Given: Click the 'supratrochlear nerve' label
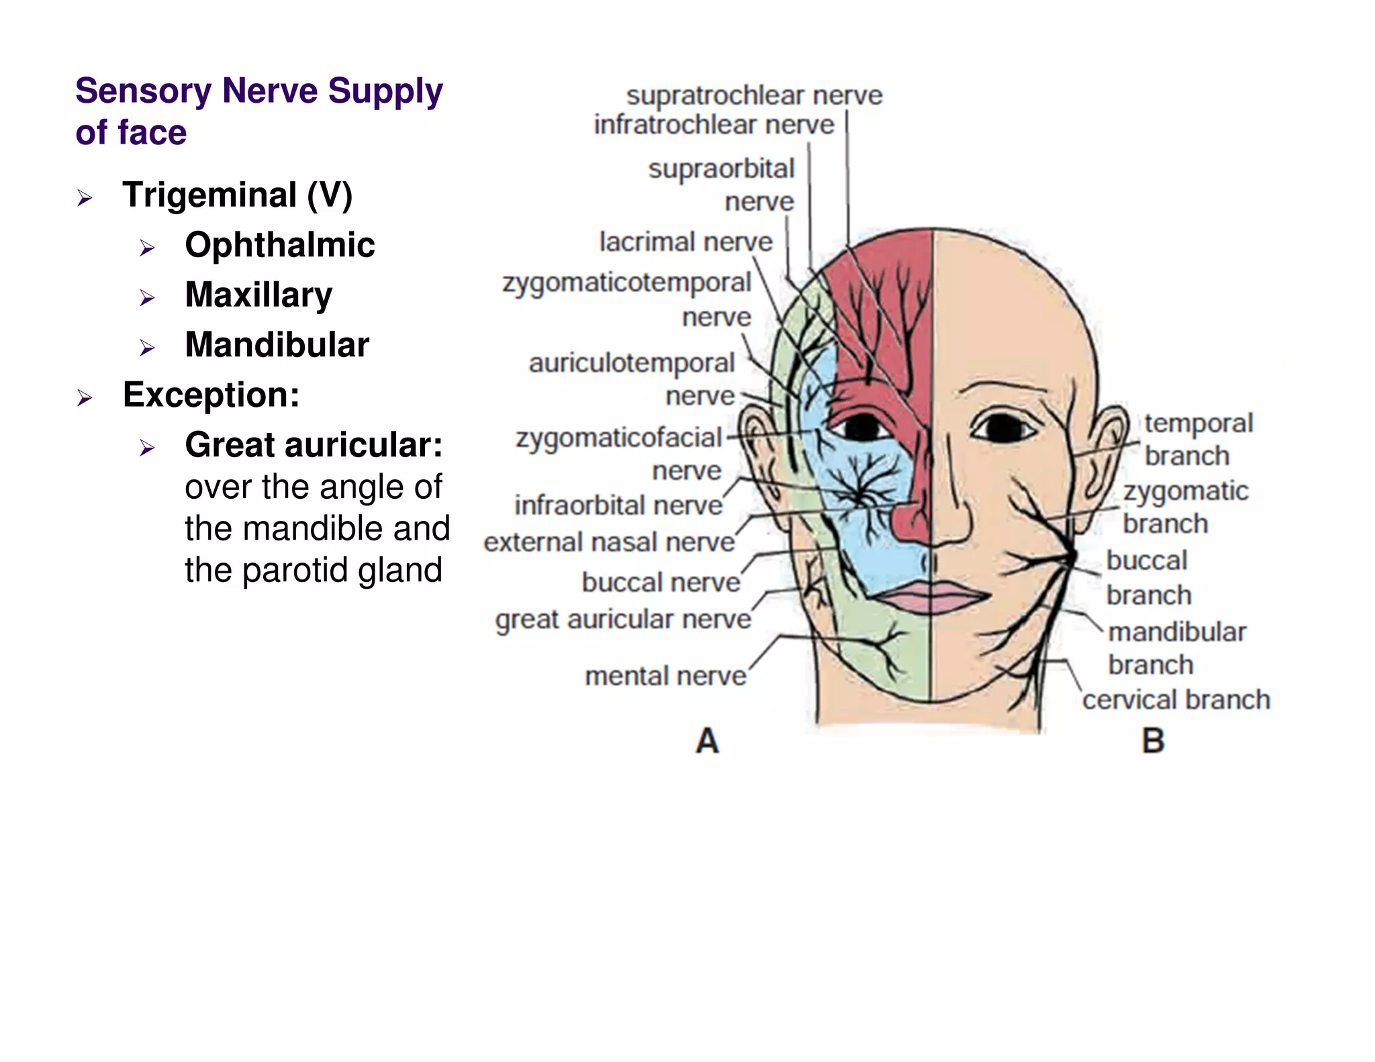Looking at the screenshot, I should pyautogui.click(x=754, y=96).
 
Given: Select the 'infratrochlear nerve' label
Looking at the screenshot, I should pyautogui.click(x=714, y=125).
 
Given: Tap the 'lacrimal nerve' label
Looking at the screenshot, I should pyautogui.click(x=685, y=242).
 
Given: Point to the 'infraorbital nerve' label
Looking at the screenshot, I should pyautogui.click(x=618, y=505).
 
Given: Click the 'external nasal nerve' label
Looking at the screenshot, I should pyautogui.click(x=609, y=542).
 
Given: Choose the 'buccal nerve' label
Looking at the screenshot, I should pyautogui.click(x=661, y=583).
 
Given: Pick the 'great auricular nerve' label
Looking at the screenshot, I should pyautogui.click(x=623, y=620).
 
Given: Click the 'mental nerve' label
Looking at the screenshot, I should pyautogui.click(x=665, y=676).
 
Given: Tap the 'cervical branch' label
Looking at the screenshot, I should pyautogui.click(x=1176, y=700).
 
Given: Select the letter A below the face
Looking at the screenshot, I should pyautogui.click(x=707, y=742).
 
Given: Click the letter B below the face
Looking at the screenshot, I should pyautogui.click(x=1153, y=742).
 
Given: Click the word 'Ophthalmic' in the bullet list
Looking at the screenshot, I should pyautogui.click(x=279, y=245).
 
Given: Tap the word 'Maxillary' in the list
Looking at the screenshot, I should pyautogui.click(x=258, y=295).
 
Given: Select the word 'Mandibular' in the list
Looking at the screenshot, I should pyautogui.click(x=277, y=345).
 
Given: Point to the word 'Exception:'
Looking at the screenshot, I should pyautogui.click(x=211, y=395).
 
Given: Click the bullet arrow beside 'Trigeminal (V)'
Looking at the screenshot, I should pyautogui.click(x=84, y=198).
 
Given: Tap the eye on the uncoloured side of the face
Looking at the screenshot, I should pyautogui.click(x=1002, y=428).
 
